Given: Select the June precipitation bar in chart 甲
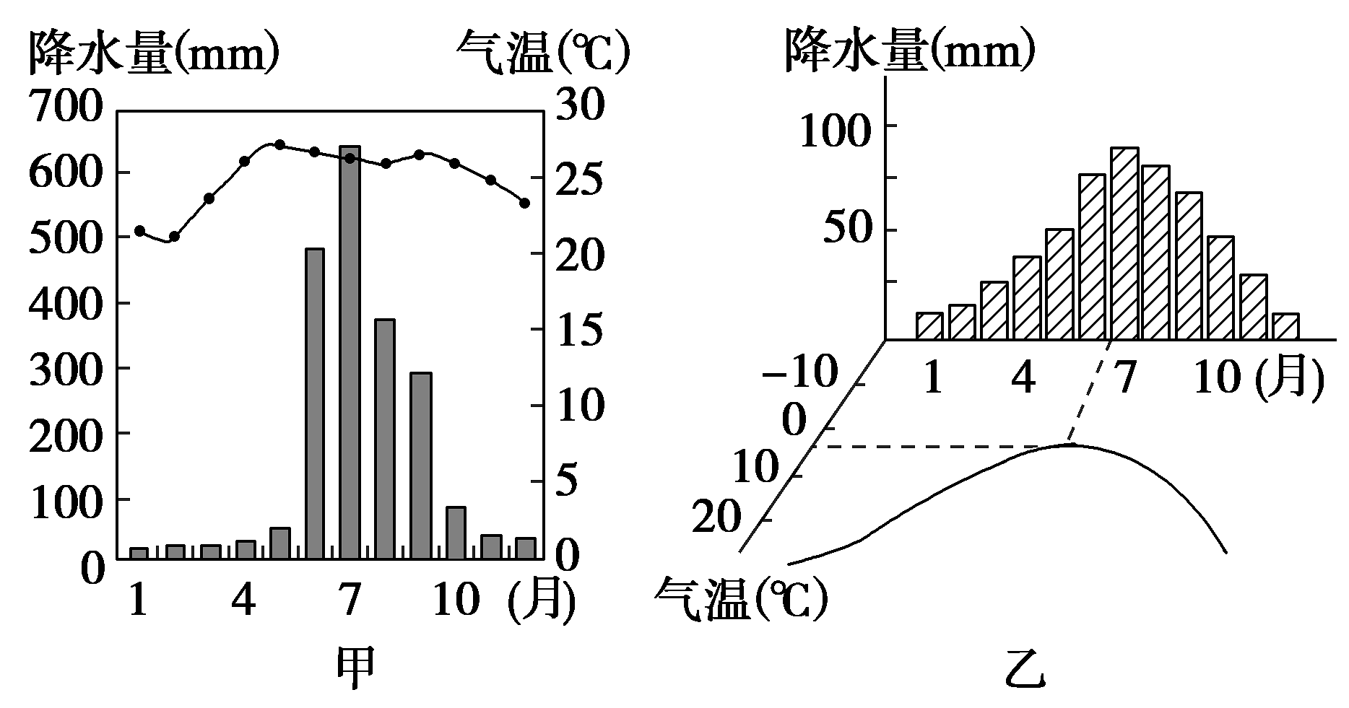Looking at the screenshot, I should pyautogui.click(x=315, y=403).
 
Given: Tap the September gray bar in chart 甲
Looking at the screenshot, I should pyautogui.click(x=420, y=466).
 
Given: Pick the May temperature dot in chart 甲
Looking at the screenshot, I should pyautogui.click(x=280, y=145).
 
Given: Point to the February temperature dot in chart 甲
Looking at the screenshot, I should pyautogui.click(x=174, y=236).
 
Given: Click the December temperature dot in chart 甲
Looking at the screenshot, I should pyautogui.click(x=525, y=203).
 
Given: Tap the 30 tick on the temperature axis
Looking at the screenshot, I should pyautogui.click(x=576, y=107).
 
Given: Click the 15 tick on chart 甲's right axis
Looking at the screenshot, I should pyautogui.click(x=576, y=330).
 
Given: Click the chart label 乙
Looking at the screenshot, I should pyautogui.click(x=1025, y=670).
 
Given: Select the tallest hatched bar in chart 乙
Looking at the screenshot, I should pyautogui.click(x=1124, y=243).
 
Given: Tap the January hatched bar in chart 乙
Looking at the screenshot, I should pyautogui.click(x=930, y=325).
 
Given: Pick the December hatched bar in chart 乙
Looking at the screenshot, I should pyautogui.click(x=1285, y=326).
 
